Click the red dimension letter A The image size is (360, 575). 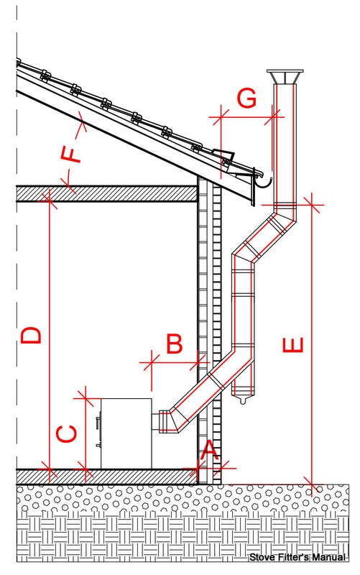point(209,450)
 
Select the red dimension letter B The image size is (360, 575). point(174,344)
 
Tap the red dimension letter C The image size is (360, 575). point(67,434)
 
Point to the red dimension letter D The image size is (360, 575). point(31,336)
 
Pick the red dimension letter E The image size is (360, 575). point(293,345)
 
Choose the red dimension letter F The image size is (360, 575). point(71,154)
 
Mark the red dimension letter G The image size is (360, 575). point(246,98)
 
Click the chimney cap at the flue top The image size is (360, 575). point(285,76)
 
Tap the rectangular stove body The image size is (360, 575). point(126,433)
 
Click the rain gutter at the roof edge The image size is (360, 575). point(262,183)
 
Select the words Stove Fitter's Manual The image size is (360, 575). point(297,558)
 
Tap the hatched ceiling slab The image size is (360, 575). point(106,193)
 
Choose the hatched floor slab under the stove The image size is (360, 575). point(106,477)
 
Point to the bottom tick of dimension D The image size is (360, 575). point(49,469)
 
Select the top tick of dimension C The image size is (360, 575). point(85,398)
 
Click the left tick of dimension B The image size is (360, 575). point(152,362)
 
